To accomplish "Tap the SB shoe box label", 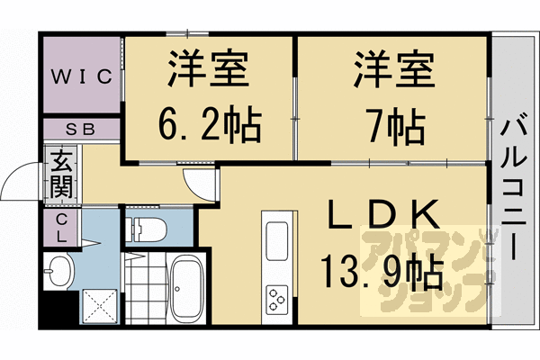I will [x=80, y=129].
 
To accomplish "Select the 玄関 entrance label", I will [x=60, y=176].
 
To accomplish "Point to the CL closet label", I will [x=60, y=229].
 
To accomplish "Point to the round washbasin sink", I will [x=58, y=271].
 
